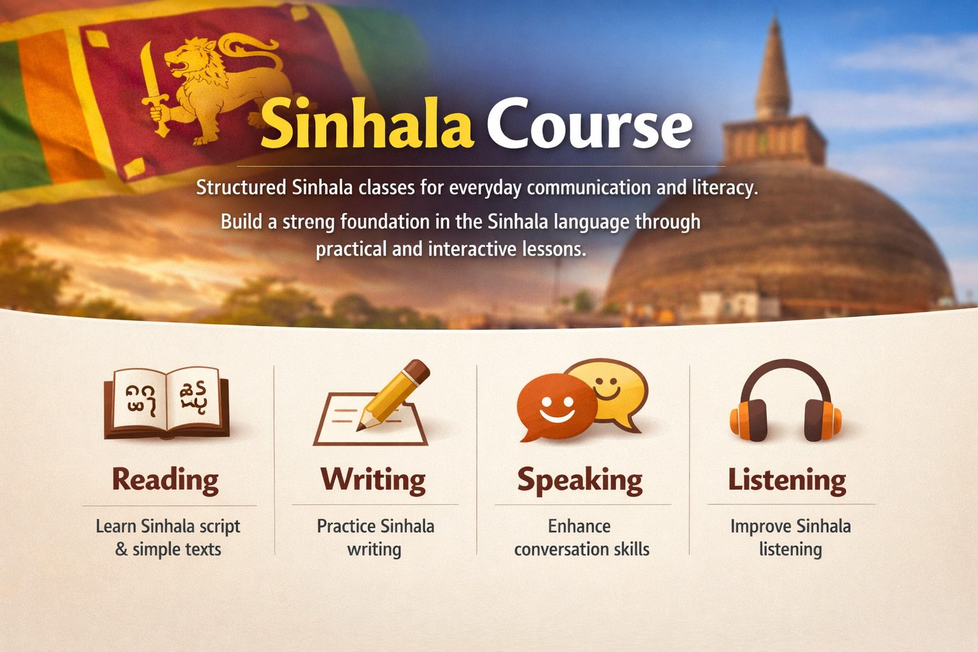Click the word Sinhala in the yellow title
tap(367, 124)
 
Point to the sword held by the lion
tap(153, 89)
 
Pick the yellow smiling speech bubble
tap(610, 388)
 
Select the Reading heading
tap(166, 480)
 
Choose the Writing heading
tap(373, 480)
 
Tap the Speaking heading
tap(580, 480)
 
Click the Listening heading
tap(788, 480)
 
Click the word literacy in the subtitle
tap(724, 188)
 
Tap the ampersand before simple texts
tap(121, 549)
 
